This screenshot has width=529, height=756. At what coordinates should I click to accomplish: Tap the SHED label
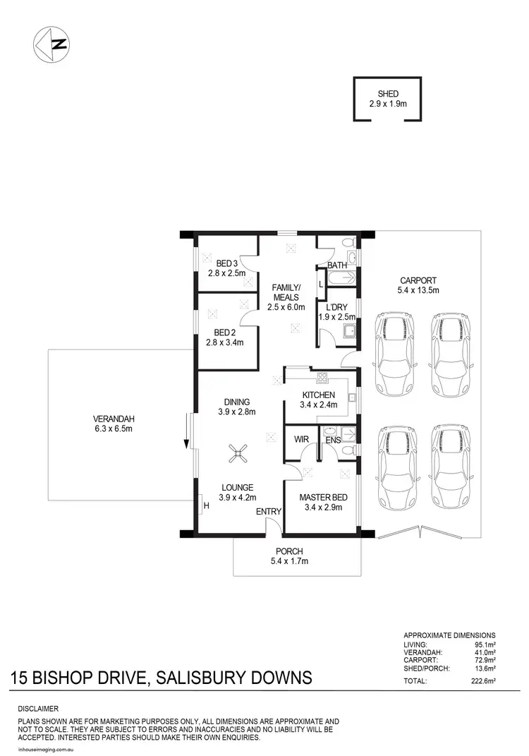[x=388, y=93]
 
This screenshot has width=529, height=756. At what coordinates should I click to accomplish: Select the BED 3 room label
[x=226, y=263]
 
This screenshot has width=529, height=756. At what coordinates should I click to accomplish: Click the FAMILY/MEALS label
[x=287, y=292]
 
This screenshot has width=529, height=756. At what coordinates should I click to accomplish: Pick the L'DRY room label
[x=335, y=307]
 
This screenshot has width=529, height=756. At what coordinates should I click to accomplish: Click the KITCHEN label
[x=317, y=395]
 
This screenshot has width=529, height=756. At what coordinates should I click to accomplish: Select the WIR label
[x=302, y=439]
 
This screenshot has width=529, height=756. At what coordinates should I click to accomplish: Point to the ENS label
[x=333, y=440]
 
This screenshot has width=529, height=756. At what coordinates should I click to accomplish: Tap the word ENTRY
[x=269, y=512]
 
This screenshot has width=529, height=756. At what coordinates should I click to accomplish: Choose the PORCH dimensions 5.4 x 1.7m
[x=289, y=561]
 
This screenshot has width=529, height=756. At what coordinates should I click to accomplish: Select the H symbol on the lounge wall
[x=207, y=505]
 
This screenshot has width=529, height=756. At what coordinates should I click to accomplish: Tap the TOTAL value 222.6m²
[x=482, y=681]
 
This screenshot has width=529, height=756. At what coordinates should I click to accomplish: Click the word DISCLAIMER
[x=38, y=708]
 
